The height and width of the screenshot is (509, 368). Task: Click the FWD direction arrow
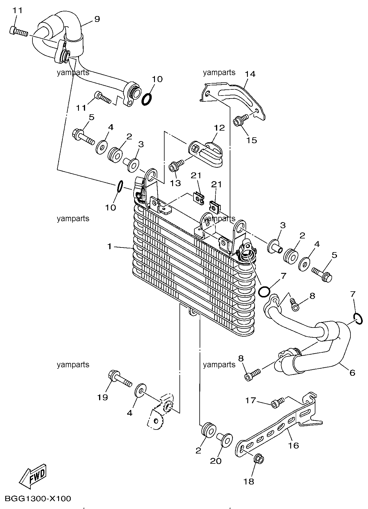point(32,476)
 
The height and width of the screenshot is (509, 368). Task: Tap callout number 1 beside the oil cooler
point(109,247)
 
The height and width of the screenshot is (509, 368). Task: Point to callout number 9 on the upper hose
point(97,19)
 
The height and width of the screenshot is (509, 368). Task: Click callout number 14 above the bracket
point(250,74)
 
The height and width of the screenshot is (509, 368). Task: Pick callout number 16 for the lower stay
point(294,445)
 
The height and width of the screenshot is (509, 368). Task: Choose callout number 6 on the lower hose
point(352,373)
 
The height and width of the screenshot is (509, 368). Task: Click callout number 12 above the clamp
point(220,128)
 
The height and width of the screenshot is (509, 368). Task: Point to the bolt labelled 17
point(278,402)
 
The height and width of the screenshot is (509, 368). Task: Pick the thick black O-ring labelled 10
point(147,99)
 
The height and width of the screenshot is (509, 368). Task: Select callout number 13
point(175,183)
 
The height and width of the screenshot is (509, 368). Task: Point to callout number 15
point(251,140)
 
